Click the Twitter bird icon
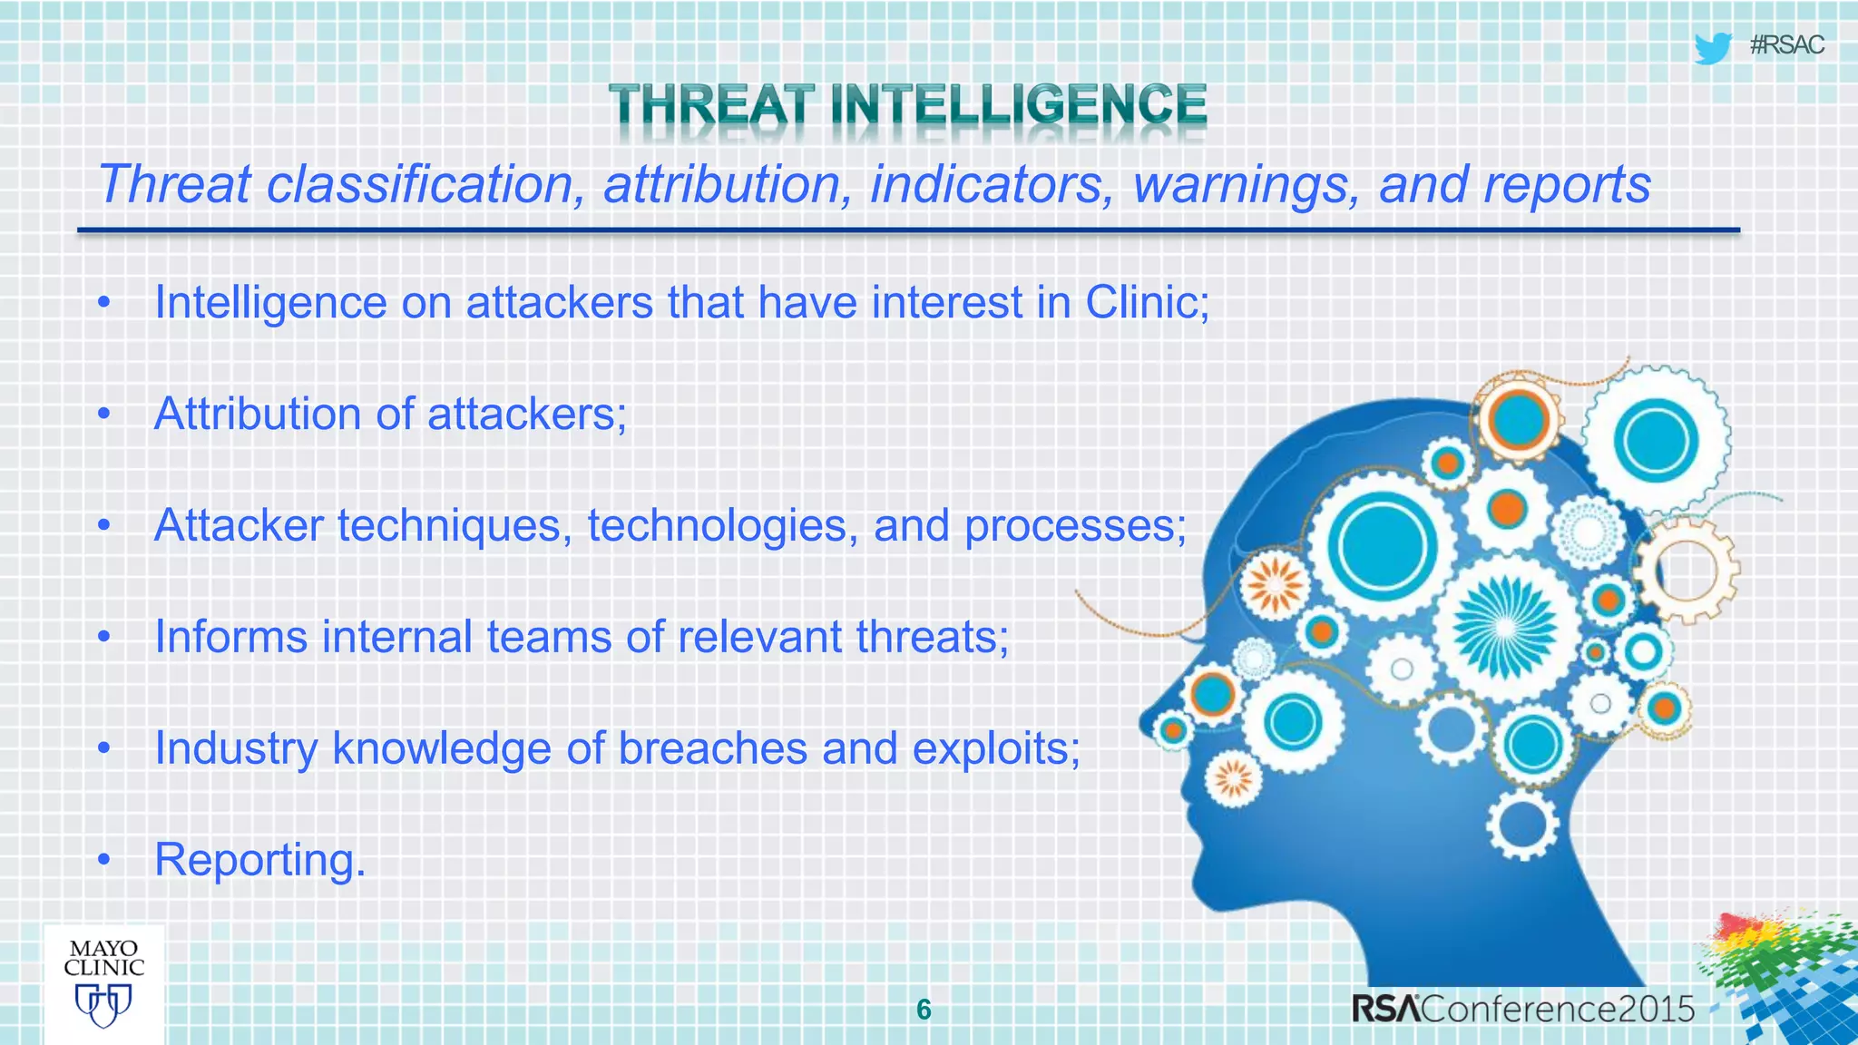(x=1712, y=48)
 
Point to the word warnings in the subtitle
(x=1245, y=185)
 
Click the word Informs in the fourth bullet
(x=230, y=637)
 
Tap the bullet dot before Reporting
(x=104, y=859)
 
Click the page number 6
(x=924, y=1010)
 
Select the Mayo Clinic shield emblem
(x=103, y=1005)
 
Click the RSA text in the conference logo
(x=1386, y=1009)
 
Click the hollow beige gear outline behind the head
(x=1688, y=571)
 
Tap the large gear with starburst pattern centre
(x=1505, y=627)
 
